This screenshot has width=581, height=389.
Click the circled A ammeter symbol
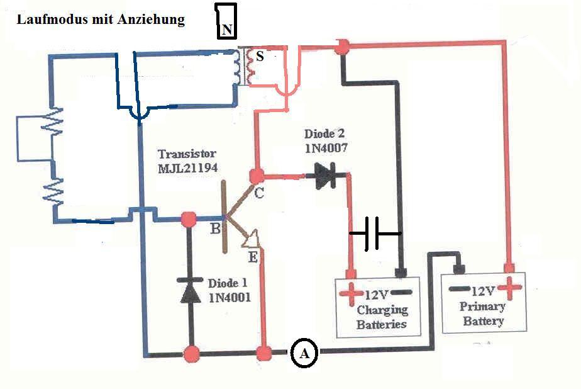pyautogui.click(x=304, y=352)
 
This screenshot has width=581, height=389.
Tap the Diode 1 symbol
pyautogui.click(x=190, y=290)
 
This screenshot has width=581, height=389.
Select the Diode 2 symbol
pyautogui.click(x=325, y=176)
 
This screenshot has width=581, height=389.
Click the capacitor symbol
pyautogui.click(x=375, y=234)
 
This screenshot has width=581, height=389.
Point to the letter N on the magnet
pyautogui.click(x=228, y=29)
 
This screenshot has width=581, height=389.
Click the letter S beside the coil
pyautogui.click(x=260, y=56)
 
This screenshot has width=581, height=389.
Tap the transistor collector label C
pyautogui.click(x=259, y=193)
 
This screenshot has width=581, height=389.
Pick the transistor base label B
pyautogui.click(x=215, y=228)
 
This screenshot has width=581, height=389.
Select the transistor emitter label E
pyautogui.click(x=253, y=257)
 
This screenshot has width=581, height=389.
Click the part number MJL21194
pyautogui.click(x=188, y=168)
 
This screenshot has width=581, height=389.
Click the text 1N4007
pyautogui.click(x=326, y=149)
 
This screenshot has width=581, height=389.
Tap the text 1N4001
pyautogui.click(x=230, y=297)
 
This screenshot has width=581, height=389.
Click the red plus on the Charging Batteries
pyautogui.click(x=350, y=293)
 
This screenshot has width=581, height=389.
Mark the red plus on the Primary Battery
pyautogui.click(x=509, y=287)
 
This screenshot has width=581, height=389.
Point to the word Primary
pyautogui.click(x=482, y=307)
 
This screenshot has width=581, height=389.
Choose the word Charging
pyautogui.click(x=382, y=310)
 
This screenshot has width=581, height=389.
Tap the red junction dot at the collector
pyautogui.click(x=257, y=176)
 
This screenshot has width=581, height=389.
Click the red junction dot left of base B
pyautogui.click(x=189, y=219)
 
